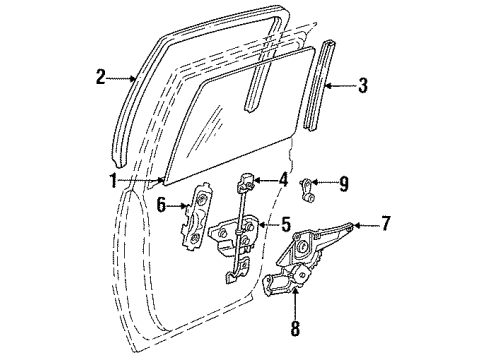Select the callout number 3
pos(362,86)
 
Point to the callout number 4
pos(283,180)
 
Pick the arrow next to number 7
pos(363,224)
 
